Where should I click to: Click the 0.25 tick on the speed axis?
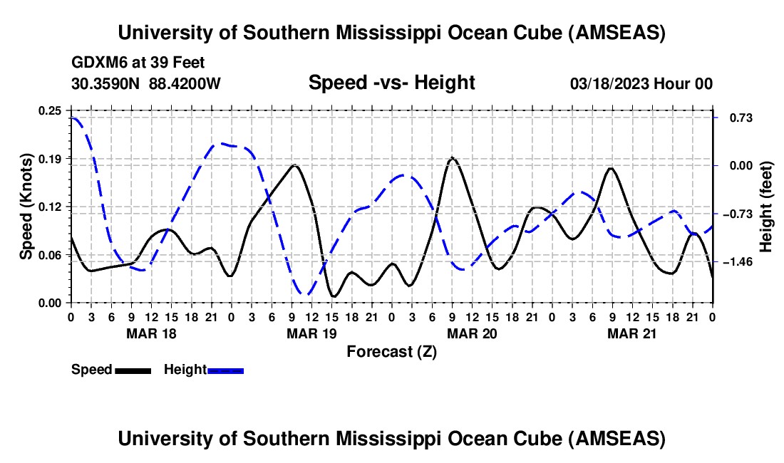[x=51, y=110]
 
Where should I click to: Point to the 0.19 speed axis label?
[x=51, y=158]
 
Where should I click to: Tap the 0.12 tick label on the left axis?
[x=51, y=207]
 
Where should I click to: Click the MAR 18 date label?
[x=150, y=333]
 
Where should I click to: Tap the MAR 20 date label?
[x=471, y=333]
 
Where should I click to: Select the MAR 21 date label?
[x=631, y=333]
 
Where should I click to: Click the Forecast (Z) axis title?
[x=391, y=351]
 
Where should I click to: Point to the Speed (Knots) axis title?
[x=26, y=207]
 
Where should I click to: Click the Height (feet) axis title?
[x=767, y=207]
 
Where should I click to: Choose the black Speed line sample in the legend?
[x=133, y=370]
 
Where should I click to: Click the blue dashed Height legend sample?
[x=225, y=370]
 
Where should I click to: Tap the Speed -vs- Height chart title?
[x=391, y=83]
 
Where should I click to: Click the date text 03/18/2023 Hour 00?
[x=641, y=84]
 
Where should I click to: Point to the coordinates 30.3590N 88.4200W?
[x=146, y=84]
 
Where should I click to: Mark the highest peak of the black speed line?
[x=452, y=158]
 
